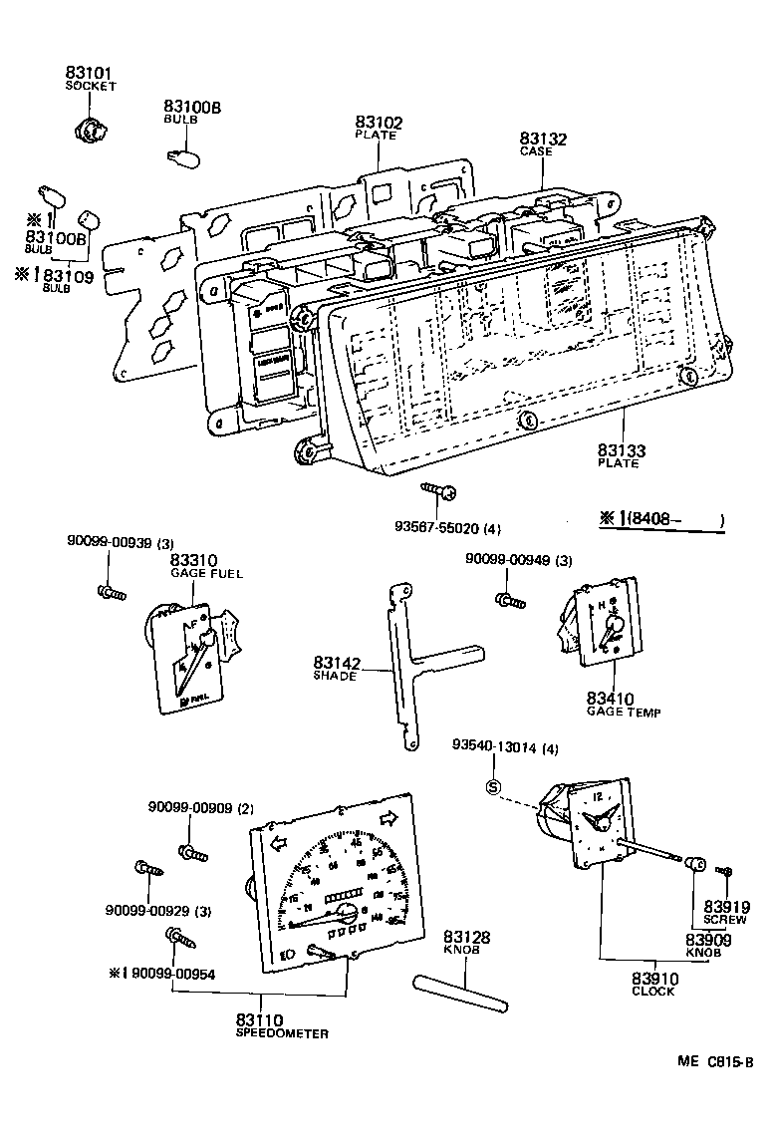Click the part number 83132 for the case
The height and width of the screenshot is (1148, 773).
pos(543,140)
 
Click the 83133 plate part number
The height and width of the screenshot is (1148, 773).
pos(622,451)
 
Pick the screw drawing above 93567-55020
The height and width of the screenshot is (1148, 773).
pos(439,490)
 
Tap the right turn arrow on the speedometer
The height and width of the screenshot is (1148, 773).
pos(386,820)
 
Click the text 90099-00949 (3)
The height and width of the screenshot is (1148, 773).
pos(518,560)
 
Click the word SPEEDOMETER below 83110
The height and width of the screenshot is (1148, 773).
pos(282,1033)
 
